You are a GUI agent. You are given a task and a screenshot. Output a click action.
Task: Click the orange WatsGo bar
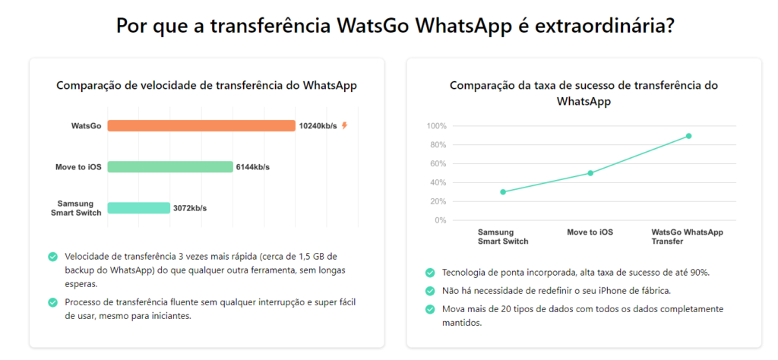tap(201, 125)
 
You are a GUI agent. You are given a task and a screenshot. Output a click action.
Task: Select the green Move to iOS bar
tap(169, 166)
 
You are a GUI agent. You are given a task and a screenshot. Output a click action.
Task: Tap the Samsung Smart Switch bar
tap(138, 207)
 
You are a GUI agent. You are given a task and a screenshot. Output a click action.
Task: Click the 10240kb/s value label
tap(318, 126)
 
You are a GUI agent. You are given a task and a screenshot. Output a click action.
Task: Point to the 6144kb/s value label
tap(252, 167)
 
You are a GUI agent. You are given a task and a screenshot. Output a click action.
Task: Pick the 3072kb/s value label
tap(189, 208)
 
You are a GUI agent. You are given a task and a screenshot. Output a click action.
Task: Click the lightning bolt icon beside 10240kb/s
tap(344, 125)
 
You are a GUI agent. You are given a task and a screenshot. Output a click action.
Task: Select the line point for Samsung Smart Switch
tap(503, 191)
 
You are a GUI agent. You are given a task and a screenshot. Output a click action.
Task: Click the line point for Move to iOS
tap(590, 173)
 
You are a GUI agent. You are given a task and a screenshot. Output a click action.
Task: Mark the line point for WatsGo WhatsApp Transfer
tap(688, 136)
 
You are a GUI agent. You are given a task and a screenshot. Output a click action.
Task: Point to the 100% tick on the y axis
tap(436, 126)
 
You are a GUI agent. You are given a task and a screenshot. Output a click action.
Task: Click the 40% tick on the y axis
tap(438, 182)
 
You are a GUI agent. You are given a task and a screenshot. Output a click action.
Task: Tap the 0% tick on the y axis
tap(440, 220)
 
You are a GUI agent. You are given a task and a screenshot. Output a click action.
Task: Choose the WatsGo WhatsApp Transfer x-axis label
tap(688, 236)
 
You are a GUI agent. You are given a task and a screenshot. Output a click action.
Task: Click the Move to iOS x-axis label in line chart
tap(590, 232)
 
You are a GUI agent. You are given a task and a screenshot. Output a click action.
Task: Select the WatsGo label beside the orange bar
tap(86, 126)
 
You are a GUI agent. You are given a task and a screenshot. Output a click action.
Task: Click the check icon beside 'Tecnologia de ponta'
tap(431, 272)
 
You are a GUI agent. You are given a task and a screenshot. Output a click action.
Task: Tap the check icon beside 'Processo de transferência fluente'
tap(52, 302)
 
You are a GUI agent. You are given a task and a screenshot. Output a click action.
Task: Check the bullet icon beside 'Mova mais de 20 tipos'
tap(431, 309)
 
